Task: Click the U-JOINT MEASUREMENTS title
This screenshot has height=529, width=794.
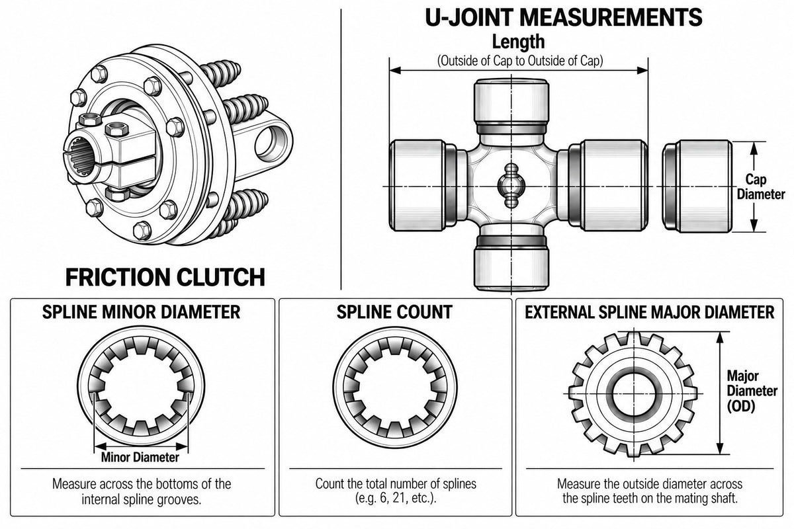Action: pyautogui.click(x=563, y=17)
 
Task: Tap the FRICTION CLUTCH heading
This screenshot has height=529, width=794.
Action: pyautogui.click(x=165, y=277)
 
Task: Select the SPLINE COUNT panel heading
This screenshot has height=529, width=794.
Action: pyautogui.click(x=394, y=312)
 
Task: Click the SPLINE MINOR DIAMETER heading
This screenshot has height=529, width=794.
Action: pyautogui.click(x=141, y=312)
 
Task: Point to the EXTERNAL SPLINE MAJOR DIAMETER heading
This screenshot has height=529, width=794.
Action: pyautogui.click(x=649, y=312)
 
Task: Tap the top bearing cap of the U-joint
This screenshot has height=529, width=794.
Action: pyautogui.click(x=511, y=106)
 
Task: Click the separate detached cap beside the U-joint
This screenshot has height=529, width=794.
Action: pyautogui.click(x=697, y=186)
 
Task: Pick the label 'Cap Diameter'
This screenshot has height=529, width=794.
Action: pyautogui.click(x=761, y=186)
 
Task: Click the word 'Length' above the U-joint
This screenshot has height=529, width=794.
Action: pyautogui.click(x=518, y=42)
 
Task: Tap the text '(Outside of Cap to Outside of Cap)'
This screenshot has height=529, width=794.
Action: pyautogui.click(x=520, y=61)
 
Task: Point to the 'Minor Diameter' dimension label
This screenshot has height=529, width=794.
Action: pyautogui.click(x=140, y=457)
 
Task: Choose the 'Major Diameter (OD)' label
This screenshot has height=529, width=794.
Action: pyautogui.click(x=752, y=391)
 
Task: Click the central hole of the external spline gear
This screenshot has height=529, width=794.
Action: pyautogui.click(x=634, y=393)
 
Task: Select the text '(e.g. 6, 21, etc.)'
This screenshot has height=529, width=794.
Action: pyautogui.click(x=395, y=499)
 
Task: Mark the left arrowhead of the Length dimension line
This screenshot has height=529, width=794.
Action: pyautogui.click(x=395, y=70)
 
